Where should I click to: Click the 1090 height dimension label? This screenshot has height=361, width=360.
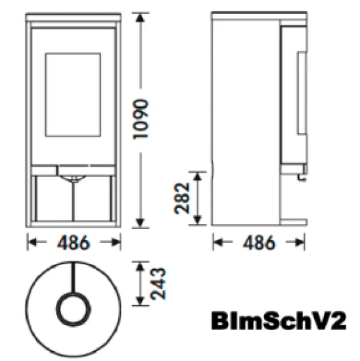coord(141,119)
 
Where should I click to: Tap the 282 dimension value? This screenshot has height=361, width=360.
coord(182,198)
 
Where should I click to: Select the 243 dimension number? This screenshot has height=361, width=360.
coord(158,284)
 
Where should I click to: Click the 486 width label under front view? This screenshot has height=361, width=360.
coord(74,242)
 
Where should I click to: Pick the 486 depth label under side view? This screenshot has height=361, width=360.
coord(259,242)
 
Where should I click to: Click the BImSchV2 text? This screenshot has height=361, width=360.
coord(279,321)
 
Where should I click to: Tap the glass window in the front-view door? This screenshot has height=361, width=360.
coord(73,95)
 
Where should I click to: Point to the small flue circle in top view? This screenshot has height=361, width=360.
coord(74,309)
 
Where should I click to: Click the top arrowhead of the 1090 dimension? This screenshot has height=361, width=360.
coord(141,18)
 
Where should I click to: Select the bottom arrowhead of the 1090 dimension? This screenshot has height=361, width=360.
coord(141,223)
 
